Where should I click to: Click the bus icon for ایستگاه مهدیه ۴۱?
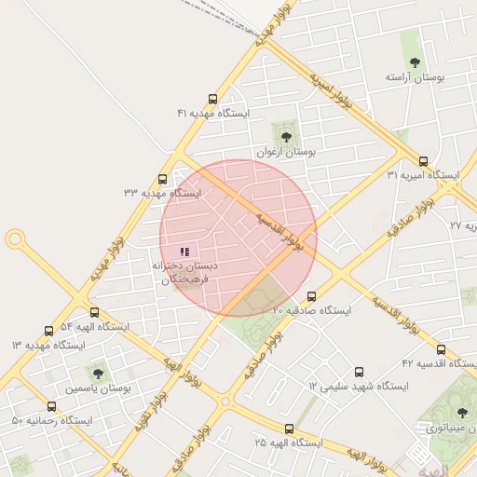[213, 99]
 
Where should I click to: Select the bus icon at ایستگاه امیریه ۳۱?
[424, 161]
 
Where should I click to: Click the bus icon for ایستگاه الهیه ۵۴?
[94, 313]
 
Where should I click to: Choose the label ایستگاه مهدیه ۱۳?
[48, 345]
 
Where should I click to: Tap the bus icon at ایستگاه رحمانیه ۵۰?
[51, 407]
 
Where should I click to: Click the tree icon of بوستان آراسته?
[416, 62]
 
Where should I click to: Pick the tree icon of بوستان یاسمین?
[98, 373]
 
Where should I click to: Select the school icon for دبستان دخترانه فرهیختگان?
[184, 251]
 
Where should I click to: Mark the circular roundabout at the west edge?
[15, 239]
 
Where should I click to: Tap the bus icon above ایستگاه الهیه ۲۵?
[289, 429]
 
